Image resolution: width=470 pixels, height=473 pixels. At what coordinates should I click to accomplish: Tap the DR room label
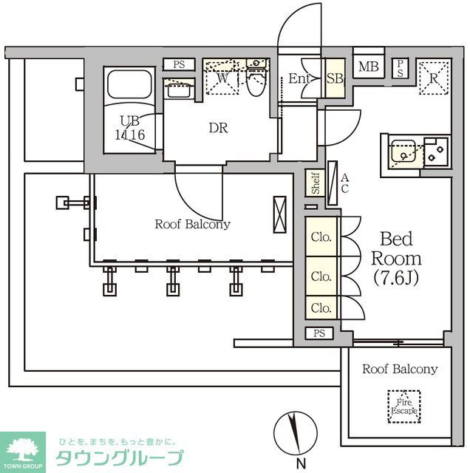click(217, 128)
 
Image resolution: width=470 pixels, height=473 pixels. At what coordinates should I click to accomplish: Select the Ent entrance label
click(299, 79)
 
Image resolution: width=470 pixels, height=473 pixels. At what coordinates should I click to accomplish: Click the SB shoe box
click(334, 79)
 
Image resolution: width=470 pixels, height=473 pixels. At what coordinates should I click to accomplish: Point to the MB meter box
click(368, 67)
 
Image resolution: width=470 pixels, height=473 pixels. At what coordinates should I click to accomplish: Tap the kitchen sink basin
click(403, 152)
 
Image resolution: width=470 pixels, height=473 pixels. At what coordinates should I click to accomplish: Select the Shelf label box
click(316, 183)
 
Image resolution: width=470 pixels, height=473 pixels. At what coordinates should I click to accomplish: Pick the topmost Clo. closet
click(321, 237)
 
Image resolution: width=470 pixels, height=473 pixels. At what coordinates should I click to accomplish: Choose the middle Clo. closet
click(321, 276)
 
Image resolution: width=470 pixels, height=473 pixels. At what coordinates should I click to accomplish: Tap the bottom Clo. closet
click(321, 307)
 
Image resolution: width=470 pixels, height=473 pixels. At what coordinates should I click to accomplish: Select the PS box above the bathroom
click(179, 64)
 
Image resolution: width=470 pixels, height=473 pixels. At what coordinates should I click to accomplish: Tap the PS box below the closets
click(319, 333)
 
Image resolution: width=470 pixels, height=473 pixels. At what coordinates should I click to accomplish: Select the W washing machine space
click(222, 79)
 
